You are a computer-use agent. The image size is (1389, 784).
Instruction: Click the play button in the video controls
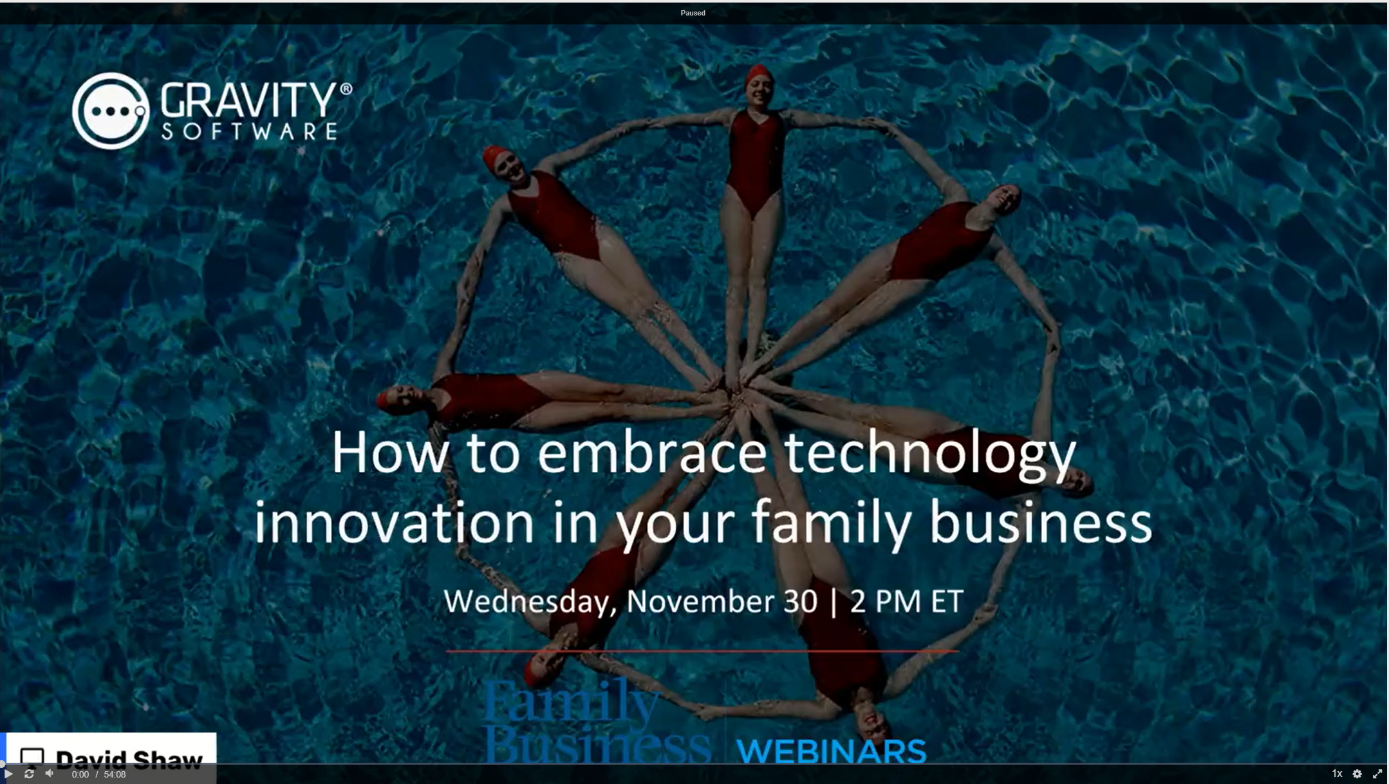(8, 774)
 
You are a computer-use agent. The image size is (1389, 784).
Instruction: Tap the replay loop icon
(29, 774)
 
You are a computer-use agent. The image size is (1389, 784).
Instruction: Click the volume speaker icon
(50, 774)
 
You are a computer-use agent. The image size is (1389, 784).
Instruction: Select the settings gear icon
(1357, 774)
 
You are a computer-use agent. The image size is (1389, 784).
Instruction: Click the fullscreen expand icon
(1377, 774)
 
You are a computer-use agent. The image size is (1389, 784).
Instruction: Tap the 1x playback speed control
(1337, 774)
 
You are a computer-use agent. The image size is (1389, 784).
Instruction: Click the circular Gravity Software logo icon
(111, 111)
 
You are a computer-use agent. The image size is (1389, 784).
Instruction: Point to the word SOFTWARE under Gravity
(249, 131)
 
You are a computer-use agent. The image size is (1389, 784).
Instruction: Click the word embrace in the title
(652, 453)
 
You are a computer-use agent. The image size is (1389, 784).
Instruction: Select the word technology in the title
(931, 456)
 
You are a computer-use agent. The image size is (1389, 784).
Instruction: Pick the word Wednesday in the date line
(526, 602)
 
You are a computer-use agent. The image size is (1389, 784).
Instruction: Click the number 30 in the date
(801, 601)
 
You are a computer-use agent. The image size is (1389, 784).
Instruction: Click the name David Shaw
(129, 760)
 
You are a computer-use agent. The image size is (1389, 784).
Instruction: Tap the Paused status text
(693, 13)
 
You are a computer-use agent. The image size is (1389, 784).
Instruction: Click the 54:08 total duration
(115, 774)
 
